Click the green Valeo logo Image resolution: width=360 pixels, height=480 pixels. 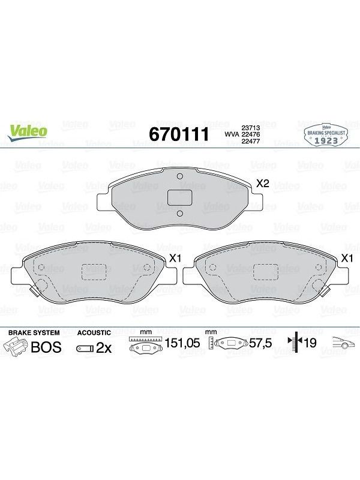pyautogui.click(x=27, y=133)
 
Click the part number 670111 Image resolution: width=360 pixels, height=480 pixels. pyautogui.click(x=179, y=134)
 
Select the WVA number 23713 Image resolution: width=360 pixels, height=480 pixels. pyautogui.click(x=251, y=128)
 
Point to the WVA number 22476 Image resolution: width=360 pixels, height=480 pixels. pyautogui.click(x=251, y=134)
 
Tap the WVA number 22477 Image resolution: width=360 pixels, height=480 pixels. pyautogui.click(x=251, y=141)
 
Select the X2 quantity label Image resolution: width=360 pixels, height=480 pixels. pyautogui.click(x=262, y=184)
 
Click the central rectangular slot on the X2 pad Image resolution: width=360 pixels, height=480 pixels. pyautogui.click(x=179, y=197)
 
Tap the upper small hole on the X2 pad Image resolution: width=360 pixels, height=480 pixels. pyautogui.click(x=180, y=176)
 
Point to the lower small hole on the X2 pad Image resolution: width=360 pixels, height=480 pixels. pyautogui.click(x=180, y=214)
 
